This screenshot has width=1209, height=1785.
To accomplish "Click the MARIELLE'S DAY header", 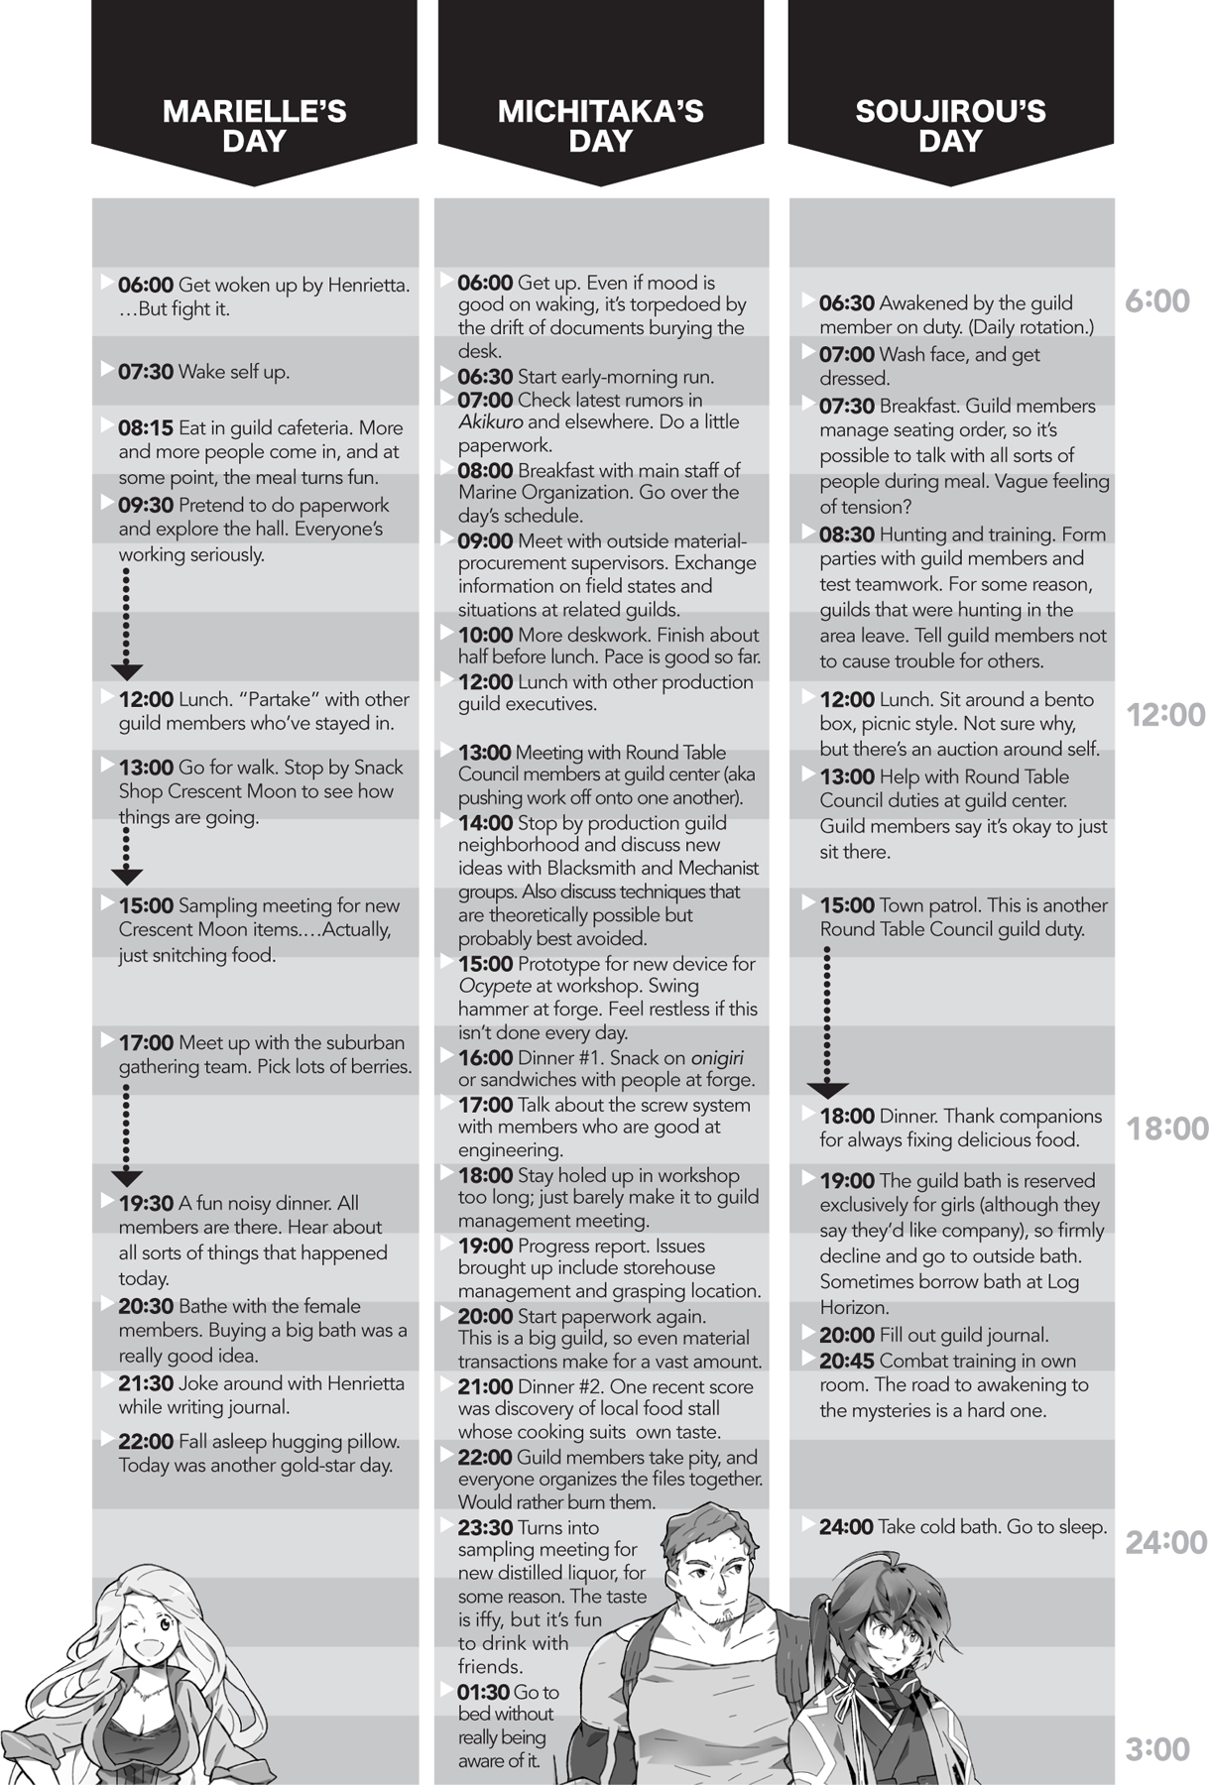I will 254,125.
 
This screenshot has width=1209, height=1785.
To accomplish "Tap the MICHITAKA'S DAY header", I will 601,125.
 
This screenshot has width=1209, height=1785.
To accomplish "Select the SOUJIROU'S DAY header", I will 950,125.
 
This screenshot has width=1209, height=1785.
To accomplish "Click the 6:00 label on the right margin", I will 1157,300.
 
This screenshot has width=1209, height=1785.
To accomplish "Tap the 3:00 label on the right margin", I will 1157,1749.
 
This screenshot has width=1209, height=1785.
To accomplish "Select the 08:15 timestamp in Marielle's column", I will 146,428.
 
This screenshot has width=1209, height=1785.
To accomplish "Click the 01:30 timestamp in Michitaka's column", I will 485,1692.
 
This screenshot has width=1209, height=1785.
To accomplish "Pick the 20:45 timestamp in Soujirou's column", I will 846,1361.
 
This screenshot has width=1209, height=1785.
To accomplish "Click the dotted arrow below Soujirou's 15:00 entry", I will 827,1021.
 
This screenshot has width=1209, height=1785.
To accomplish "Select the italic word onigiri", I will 717,1057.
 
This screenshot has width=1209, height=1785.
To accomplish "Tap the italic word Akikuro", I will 490,422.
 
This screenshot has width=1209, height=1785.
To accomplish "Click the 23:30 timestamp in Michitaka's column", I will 485,1527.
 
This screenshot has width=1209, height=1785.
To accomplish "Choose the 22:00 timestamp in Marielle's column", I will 146,1441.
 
